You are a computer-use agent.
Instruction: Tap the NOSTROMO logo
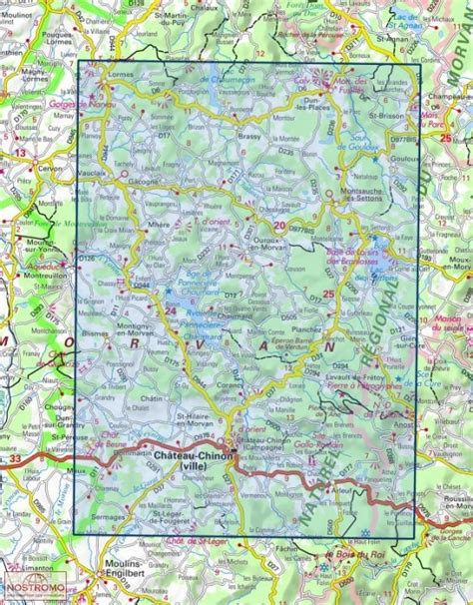click(33, 594)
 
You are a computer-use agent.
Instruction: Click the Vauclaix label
click(92, 174)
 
